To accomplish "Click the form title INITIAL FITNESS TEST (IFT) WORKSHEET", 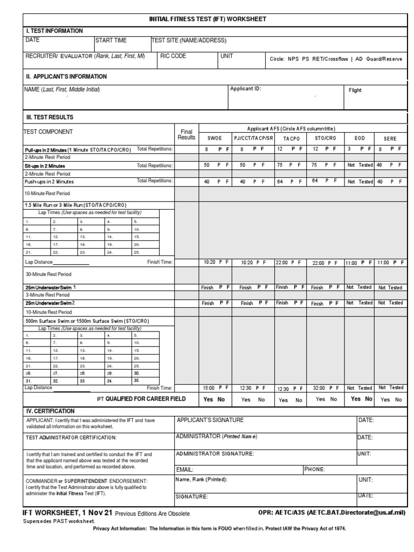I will [x=208, y=19].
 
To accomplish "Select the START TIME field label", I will [x=112, y=40].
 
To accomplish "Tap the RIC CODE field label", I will [x=173, y=56].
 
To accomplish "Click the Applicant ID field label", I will [x=245, y=88].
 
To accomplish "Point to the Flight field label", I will [x=355, y=91].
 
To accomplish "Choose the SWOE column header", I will [x=215, y=139].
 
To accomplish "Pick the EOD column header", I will [x=360, y=139].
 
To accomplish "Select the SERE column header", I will [x=390, y=139].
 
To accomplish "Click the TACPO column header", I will [x=291, y=139].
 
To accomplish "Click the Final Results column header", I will [x=186, y=135].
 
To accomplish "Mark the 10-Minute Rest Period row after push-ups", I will [x=47, y=193].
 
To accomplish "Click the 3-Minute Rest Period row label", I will [x=47, y=295].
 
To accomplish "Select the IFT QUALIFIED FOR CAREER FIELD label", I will [x=141, y=399].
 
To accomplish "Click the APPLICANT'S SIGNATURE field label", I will [x=210, y=420].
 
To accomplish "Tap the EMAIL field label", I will [x=185, y=470].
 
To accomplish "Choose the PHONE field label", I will [x=315, y=470].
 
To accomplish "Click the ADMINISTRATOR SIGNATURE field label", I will [x=215, y=454].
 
